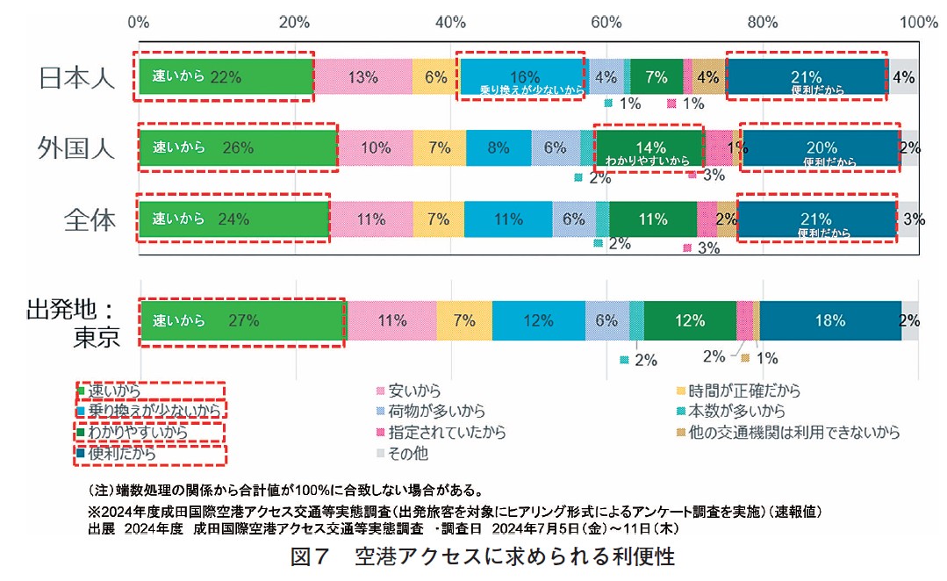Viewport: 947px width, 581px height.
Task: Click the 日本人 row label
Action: click(77, 78)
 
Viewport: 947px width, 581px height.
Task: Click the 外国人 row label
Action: click(77, 147)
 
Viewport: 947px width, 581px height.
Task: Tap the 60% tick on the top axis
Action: click(605, 22)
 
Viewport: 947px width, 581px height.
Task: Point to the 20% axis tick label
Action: click(294, 22)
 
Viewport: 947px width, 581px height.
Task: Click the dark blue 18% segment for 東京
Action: click(829, 321)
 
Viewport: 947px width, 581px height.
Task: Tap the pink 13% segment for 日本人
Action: click(362, 76)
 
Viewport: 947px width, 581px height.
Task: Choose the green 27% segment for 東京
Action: click(243, 321)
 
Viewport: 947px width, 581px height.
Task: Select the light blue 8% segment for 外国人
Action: click(499, 147)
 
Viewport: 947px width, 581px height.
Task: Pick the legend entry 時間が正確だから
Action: click(744, 391)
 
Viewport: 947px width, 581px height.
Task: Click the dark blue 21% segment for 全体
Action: click(815, 219)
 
